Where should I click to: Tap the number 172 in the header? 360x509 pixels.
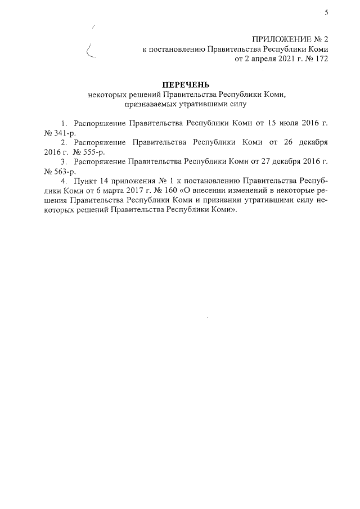[x=320, y=59]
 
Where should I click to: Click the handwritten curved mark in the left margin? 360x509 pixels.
[x=90, y=52]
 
